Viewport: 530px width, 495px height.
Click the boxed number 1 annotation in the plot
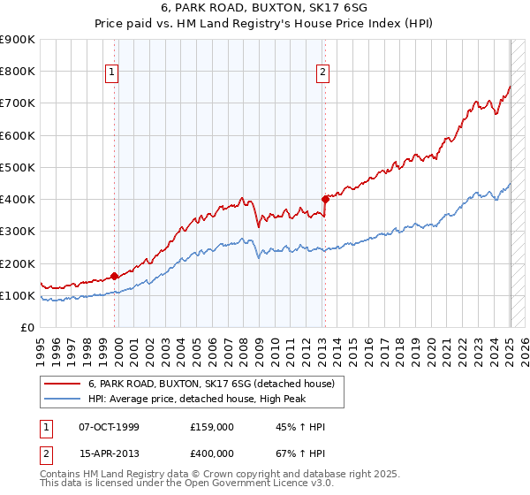click(114, 73)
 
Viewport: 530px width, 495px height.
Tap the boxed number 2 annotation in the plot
click(323, 73)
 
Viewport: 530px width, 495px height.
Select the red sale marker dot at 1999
click(115, 276)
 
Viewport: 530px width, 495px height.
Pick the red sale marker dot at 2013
click(325, 199)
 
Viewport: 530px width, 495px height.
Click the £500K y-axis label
click(19, 167)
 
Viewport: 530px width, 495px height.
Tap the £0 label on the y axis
click(27, 327)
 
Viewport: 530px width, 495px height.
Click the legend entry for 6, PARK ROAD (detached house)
click(211, 385)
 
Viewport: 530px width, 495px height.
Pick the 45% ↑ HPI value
click(286, 427)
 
